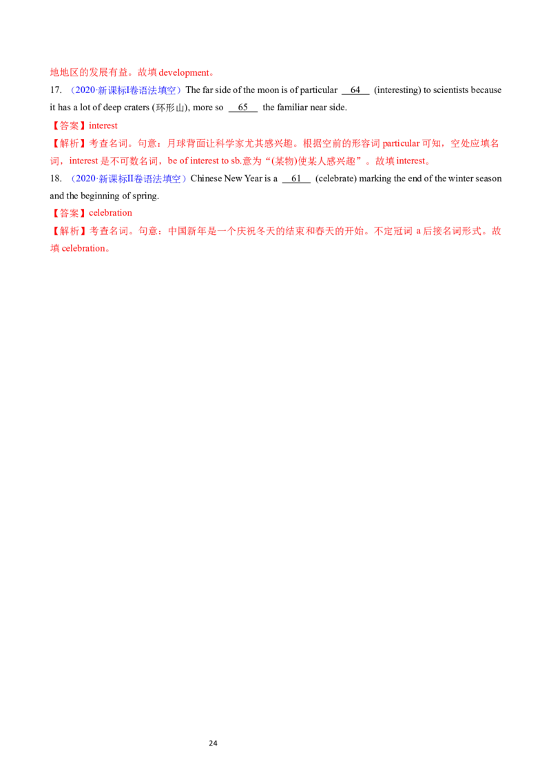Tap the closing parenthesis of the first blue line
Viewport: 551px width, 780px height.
pos(179,90)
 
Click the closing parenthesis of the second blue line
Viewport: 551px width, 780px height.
pos(185,179)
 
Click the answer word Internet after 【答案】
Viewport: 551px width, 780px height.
pos(104,126)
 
